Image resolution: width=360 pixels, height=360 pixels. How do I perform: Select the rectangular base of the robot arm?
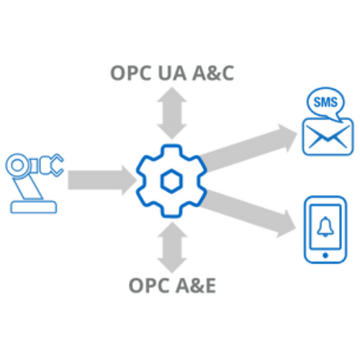(34, 207)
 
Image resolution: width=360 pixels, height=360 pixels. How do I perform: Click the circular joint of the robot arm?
(17, 166)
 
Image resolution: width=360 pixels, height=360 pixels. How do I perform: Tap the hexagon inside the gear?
(171, 181)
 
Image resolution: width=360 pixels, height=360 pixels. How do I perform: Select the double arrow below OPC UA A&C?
(172, 113)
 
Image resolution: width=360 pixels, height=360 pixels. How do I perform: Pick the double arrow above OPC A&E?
(172, 247)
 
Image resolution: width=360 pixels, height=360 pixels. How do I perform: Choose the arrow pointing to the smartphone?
(248, 214)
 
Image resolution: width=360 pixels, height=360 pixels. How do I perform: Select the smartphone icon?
(325, 230)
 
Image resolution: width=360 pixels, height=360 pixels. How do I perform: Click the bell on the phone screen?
(325, 227)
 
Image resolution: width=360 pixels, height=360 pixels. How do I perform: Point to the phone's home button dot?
(325, 256)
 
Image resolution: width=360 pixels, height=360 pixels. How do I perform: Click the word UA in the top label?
(172, 73)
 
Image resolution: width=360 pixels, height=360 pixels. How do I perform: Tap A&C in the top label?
(213, 73)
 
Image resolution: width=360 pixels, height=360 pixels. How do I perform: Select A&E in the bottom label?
(196, 285)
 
